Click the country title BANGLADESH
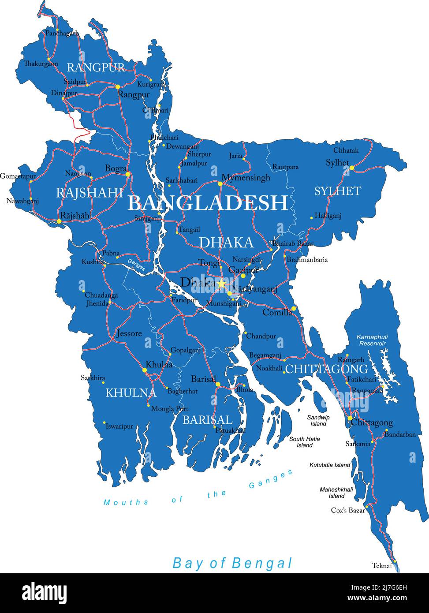[x=208, y=202]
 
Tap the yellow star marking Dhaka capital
[x=221, y=283]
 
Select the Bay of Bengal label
[x=232, y=563]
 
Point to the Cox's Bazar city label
[x=348, y=510]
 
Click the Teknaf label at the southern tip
[x=382, y=565]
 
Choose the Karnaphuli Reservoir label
[x=372, y=340]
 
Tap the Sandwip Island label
[x=318, y=420]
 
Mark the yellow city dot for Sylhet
[x=352, y=168]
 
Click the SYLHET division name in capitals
[x=337, y=191]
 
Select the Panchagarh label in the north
[x=62, y=33]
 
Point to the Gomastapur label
[x=18, y=176]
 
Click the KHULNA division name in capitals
[x=131, y=393]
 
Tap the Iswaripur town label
[x=119, y=426]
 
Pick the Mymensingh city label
[x=246, y=178]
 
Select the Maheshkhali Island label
[x=336, y=493]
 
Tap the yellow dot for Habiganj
[x=311, y=217]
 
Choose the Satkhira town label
[x=93, y=378]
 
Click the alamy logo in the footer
[x=44, y=592]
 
